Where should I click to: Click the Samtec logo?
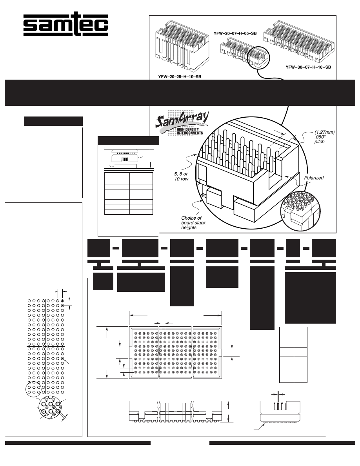[65, 25]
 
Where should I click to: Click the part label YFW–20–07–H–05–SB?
[235, 34]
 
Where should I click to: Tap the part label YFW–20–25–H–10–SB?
[180, 76]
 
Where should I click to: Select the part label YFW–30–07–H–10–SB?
[308, 67]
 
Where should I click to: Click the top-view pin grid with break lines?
[176, 352]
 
